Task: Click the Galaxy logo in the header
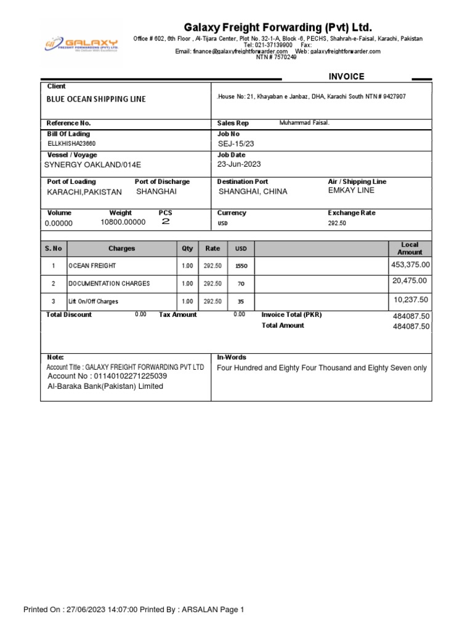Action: coord(82,44)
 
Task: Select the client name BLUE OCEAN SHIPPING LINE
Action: coord(97,99)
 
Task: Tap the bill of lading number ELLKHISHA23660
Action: coord(71,144)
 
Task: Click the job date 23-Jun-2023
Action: coord(240,164)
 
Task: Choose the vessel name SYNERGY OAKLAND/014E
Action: coord(93,165)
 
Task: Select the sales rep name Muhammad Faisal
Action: coord(304,122)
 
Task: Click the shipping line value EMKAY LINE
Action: coord(351,191)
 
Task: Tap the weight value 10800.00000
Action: coord(123,222)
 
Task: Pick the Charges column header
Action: coord(121,249)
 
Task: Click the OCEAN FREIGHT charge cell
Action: coord(92,266)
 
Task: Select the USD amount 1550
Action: coord(241,266)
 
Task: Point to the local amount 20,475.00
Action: coord(409,281)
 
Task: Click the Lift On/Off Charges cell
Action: coord(94,301)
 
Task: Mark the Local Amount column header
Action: coord(410,249)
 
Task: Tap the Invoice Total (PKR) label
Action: coord(291,314)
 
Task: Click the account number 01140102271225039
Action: coord(107,376)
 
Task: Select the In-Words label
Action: coord(232,357)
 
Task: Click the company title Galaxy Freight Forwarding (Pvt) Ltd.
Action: coord(278,27)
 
